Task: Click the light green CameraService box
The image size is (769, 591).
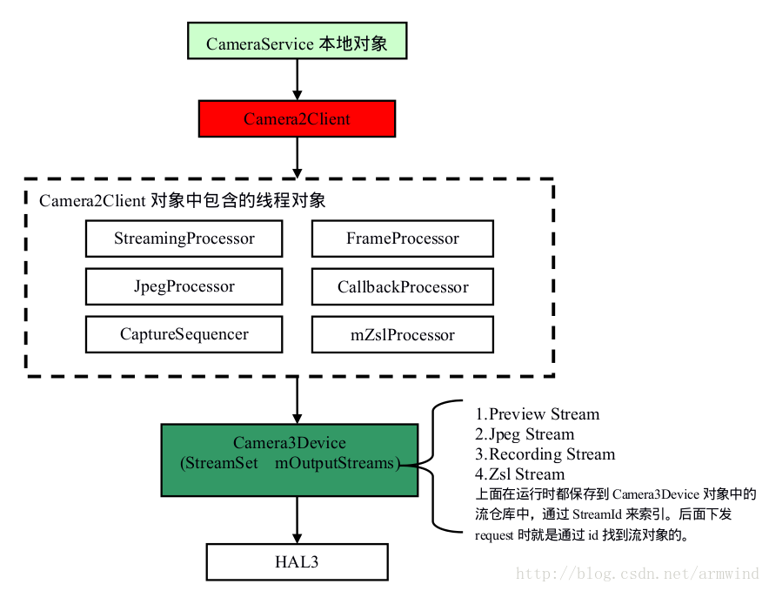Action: [298, 41]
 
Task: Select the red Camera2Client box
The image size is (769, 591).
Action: [298, 118]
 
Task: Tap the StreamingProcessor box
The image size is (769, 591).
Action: [184, 238]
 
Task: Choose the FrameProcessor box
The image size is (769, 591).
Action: [403, 238]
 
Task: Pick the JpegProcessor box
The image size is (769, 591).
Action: [184, 286]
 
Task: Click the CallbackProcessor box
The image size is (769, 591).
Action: [403, 286]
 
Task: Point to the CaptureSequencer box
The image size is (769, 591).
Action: [184, 334]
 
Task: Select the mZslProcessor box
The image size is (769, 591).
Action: [403, 334]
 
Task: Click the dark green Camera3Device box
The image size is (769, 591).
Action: [290, 460]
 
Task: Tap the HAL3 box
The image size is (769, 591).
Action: [298, 562]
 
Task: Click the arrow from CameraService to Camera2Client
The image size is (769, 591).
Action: [298, 80]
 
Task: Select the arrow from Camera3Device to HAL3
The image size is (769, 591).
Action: [298, 520]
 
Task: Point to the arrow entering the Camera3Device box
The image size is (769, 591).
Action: [298, 400]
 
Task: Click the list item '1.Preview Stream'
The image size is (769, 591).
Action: [537, 414]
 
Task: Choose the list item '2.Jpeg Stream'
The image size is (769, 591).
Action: [525, 434]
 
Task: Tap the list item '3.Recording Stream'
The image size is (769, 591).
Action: [545, 454]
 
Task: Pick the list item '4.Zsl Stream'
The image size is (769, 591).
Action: [519, 474]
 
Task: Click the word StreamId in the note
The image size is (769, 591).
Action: [597, 514]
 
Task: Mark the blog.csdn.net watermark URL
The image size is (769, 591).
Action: [638, 574]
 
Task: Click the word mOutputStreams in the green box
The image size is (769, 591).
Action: [334, 463]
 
